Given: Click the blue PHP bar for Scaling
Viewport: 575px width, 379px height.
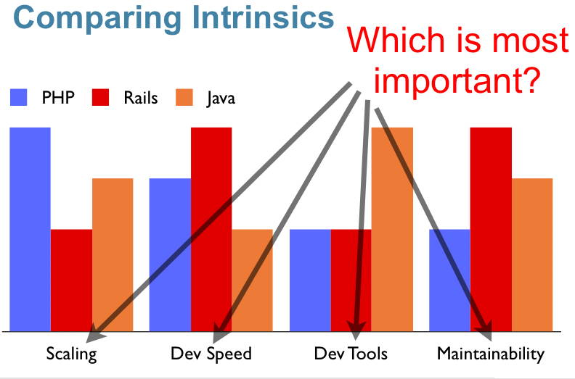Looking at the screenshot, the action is (30, 229).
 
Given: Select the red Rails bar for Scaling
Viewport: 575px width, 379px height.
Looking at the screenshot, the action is (71, 280).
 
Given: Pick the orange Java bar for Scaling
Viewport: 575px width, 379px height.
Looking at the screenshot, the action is (113, 255).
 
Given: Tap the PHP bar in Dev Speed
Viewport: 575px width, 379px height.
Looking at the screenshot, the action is (170, 255).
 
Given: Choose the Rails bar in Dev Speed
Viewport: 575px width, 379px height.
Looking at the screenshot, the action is (211, 229).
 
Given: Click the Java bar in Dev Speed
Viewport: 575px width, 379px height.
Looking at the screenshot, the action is (253, 280).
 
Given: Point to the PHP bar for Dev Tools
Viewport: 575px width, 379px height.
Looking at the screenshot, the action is (310, 280).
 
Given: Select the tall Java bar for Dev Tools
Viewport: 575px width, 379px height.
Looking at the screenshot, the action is (392, 229).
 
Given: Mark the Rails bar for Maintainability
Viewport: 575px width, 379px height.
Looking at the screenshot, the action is (491, 229).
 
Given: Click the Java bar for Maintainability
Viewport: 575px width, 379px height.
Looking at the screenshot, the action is (532, 255).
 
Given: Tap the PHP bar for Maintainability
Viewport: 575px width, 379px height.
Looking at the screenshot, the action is (449, 280).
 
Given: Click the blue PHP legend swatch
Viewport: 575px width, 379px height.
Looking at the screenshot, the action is (18, 97).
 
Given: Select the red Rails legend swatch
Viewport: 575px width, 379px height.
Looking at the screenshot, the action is (100, 97).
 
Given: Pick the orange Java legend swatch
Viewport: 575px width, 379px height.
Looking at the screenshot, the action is (184, 97).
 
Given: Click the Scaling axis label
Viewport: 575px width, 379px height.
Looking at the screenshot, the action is (71, 354).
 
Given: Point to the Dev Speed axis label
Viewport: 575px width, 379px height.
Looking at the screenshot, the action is (211, 354).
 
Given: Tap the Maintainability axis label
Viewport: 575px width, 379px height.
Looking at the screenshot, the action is (491, 354).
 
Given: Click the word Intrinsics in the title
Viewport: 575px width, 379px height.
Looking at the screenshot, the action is (263, 17).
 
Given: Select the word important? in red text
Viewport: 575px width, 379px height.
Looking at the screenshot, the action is (457, 79).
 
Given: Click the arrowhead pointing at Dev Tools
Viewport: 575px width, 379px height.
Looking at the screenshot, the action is (356, 330).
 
